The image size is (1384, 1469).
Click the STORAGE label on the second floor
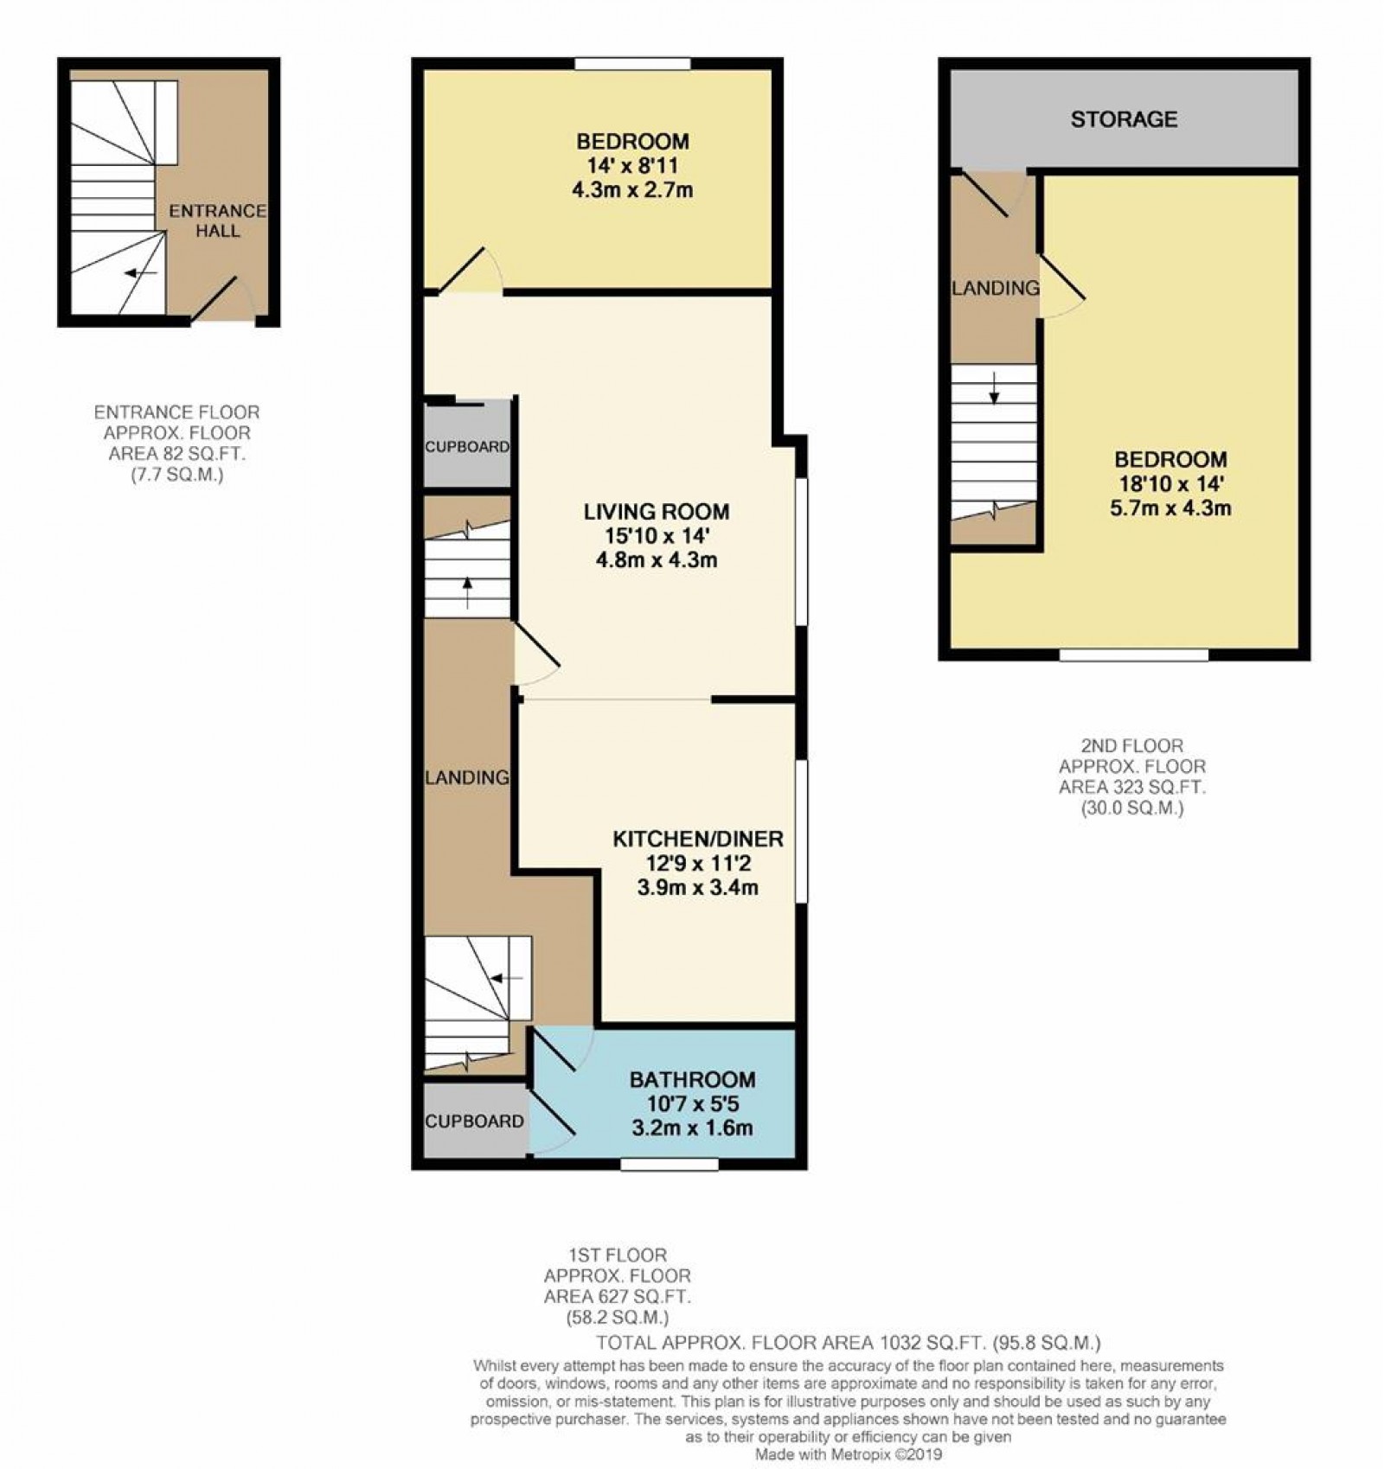(x=1124, y=118)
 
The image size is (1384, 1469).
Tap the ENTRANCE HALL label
(x=217, y=220)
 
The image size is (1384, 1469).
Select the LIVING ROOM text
(x=656, y=511)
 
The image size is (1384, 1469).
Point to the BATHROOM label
(x=692, y=1079)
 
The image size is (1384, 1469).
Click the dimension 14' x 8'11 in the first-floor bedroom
(x=633, y=165)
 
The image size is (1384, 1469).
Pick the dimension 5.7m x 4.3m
(x=1170, y=508)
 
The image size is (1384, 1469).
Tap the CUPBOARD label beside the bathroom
(x=474, y=1121)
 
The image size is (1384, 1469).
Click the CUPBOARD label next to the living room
(x=467, y=447)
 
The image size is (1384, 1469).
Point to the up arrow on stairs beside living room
(x=467, y=592)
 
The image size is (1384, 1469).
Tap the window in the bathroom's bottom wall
(x=669, y=1164)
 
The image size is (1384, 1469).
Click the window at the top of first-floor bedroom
(x=632, y=63)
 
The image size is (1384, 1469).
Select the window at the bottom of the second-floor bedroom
(x=1133, y=655)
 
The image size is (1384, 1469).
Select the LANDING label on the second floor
(x=995, y=288)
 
